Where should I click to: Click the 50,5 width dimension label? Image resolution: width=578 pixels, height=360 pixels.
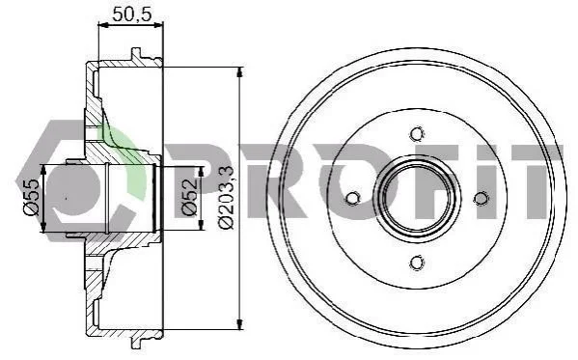[x=132, y=14]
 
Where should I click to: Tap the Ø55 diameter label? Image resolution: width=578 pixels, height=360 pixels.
[x=31, y=197]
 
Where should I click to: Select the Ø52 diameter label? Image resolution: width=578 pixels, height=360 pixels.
[x=189, y=197]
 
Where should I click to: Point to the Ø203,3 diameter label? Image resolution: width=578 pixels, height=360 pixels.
[x=226, y=198]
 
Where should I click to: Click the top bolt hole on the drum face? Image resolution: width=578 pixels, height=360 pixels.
[x=417, y=134]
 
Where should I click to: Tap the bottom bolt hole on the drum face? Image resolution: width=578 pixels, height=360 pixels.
[x=417, y=263]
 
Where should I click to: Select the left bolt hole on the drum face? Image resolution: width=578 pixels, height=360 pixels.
[x=352, y=199]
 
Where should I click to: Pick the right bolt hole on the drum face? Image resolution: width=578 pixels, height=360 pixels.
[x=481, y=199]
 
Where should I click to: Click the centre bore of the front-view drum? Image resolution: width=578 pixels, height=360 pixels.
[x=417, y=199]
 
